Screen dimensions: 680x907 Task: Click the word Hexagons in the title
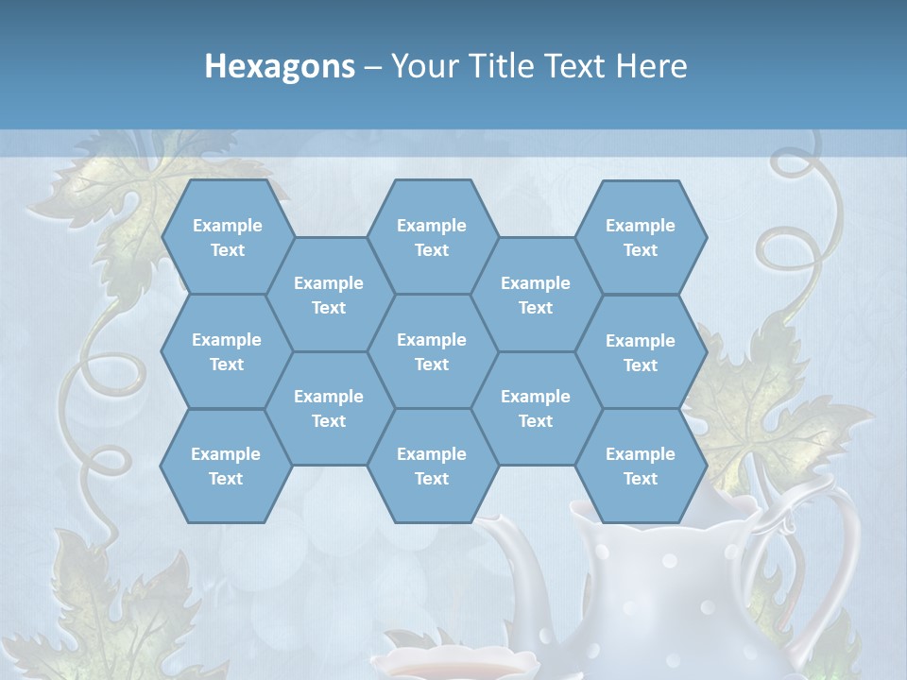click(x=280, y=66)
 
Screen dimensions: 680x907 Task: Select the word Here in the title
click(x=651, y=66)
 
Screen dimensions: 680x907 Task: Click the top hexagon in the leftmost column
click(x=227, y=237)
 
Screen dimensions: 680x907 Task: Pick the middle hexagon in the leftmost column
click(x=227, y=351)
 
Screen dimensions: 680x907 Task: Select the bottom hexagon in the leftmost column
click(x=226, y=466)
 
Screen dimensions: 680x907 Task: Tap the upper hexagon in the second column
click(x=329, y=295)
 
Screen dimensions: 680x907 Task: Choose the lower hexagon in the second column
click(x=329, y=408)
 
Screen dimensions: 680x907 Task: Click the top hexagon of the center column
click(x=432, y=237)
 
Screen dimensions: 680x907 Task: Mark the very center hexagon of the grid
click(x=432, y=351)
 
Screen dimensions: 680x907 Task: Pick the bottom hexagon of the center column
click(x=432, y=466)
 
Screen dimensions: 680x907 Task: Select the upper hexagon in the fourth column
click(x=536, y=295)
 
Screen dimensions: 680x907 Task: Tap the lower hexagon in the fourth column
click(x=536, y=408)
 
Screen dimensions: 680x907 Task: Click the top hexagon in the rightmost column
click(x=641, y=237)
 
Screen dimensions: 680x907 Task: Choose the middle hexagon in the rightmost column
click(x=641, y=352)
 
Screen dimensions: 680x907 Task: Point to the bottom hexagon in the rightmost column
click(x=641, y=466)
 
